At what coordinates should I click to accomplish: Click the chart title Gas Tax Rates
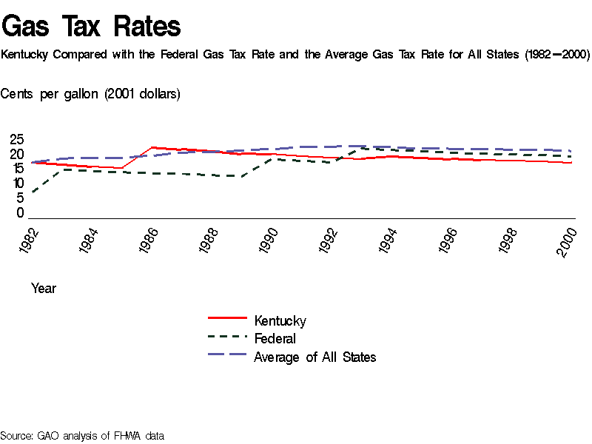(91, 27)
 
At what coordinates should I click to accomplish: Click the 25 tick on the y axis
(16, 139)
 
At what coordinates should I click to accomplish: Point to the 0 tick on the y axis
(20, 213)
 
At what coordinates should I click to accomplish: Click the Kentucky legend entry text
(280, 320)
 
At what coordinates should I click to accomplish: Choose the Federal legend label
(275, 339)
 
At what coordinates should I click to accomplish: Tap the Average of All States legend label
(314, 357)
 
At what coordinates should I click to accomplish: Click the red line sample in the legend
(226, 317)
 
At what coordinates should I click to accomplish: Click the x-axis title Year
(44, 289)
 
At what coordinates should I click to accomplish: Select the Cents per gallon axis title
(90, 94)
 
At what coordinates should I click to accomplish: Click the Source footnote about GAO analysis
(82, 436)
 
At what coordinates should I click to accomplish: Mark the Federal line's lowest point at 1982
(32, 192)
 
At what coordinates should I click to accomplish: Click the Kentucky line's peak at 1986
(152, 147)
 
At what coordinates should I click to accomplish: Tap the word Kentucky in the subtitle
(27, 55)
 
